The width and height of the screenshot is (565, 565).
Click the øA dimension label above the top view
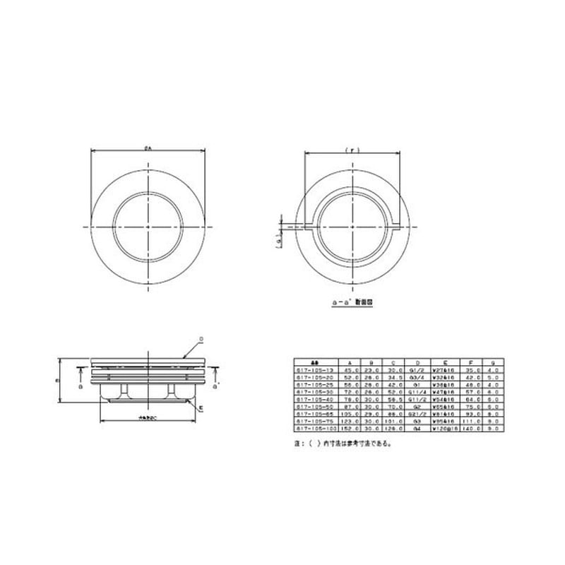point(148,147)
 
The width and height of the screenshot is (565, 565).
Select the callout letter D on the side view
point(201,340)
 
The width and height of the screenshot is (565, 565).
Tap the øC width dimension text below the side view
point(148,420)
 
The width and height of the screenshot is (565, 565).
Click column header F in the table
point(468,362)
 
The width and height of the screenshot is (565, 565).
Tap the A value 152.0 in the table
point(350,428)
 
